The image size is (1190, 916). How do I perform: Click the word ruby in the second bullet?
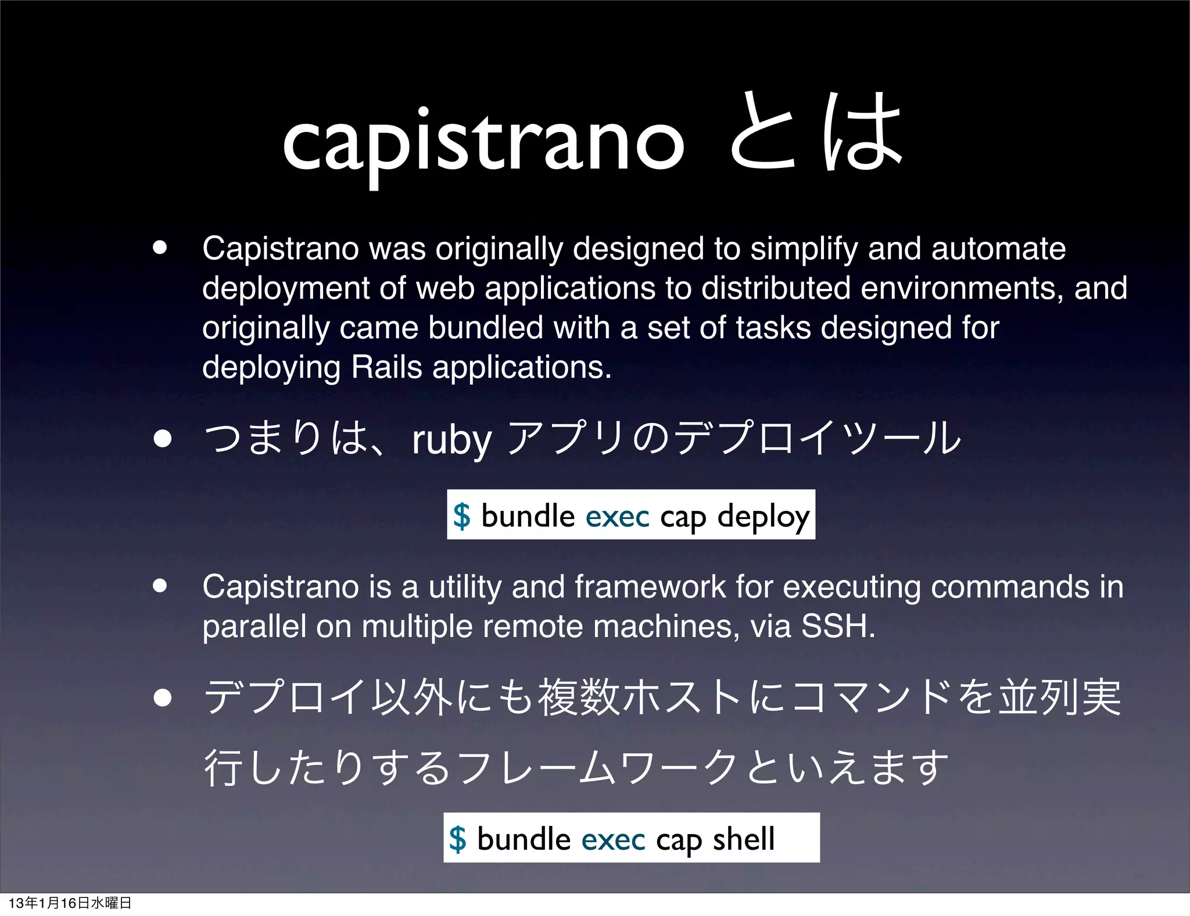452,440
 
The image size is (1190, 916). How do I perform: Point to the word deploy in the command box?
763,516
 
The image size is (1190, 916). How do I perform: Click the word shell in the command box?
744,839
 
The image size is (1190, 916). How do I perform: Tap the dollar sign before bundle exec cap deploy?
462,516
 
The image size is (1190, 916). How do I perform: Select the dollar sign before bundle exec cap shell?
458,839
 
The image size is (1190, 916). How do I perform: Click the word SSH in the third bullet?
837,626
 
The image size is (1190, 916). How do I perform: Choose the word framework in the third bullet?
650,586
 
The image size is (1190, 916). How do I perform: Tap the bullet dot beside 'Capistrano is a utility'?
160,586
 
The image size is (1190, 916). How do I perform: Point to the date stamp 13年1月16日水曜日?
70,903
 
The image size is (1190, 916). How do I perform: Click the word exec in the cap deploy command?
617,516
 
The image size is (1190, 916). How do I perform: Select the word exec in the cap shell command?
613,839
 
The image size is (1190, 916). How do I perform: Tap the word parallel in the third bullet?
254,627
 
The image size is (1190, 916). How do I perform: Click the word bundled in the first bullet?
486,328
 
